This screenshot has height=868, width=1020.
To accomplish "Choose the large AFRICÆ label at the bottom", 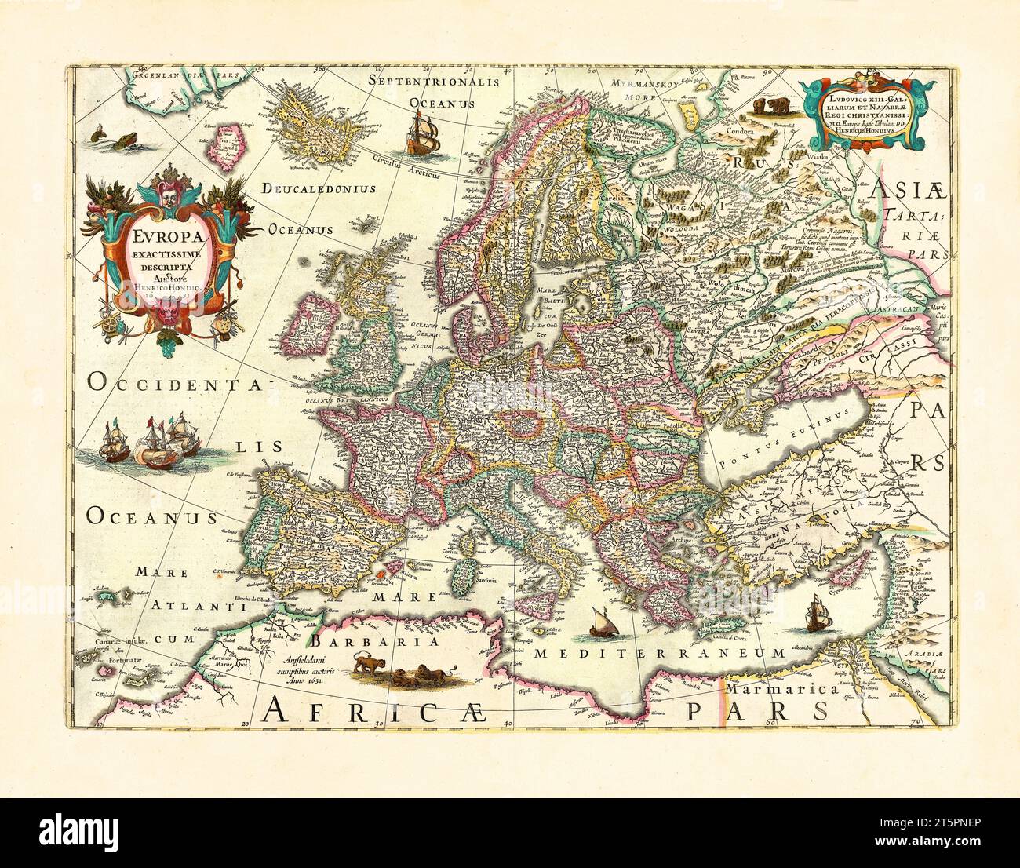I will click(x=381, y=712).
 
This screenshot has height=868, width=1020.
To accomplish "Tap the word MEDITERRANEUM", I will click(x=658, y=652).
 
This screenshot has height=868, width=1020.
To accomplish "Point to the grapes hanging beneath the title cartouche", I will click(x=168, y=343).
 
